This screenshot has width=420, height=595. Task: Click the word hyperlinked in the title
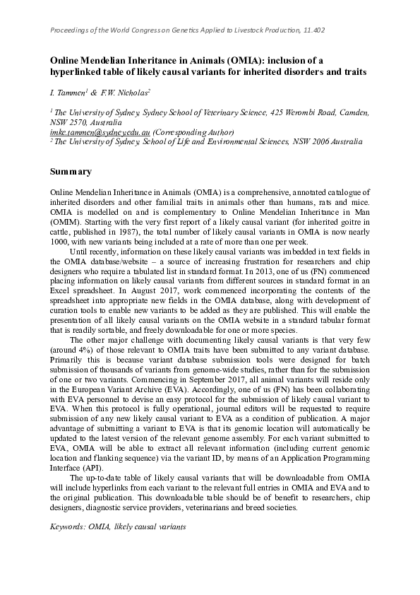pos(77,73)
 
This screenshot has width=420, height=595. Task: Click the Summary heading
pos(71,172)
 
